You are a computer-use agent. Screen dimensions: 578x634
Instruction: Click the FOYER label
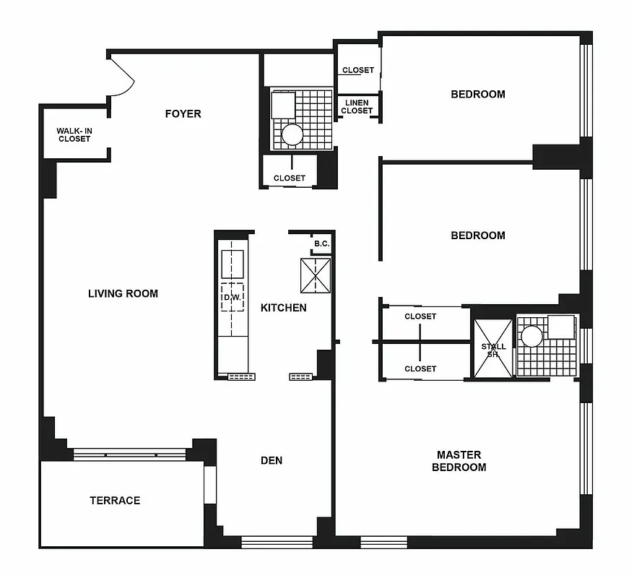183,113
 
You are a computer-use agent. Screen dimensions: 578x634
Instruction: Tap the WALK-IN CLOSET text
74,135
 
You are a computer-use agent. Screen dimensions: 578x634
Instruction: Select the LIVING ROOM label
123,293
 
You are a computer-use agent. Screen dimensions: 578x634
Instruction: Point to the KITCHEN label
283,308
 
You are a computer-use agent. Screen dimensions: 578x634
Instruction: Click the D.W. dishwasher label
231,298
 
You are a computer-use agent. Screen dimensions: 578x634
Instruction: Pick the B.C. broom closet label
321,244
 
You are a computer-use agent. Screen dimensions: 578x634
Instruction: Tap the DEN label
272,460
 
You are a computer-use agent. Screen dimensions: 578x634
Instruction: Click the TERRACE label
115,500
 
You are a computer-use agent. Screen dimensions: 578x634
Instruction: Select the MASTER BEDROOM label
459,461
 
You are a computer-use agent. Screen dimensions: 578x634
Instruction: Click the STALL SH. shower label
493,350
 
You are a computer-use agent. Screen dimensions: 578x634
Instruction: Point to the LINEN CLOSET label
357,107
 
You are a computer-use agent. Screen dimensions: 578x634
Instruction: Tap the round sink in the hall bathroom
293,134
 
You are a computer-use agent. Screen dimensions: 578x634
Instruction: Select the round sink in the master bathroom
532,336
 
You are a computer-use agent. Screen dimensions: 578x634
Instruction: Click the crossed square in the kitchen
316,275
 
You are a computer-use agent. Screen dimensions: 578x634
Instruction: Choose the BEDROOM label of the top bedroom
478,94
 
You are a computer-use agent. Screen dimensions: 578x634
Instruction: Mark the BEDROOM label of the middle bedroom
478,236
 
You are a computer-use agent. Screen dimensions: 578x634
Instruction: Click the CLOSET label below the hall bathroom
290,178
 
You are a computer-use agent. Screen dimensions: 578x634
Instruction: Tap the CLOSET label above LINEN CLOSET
358,70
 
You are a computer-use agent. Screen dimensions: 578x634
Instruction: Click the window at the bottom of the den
277,542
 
